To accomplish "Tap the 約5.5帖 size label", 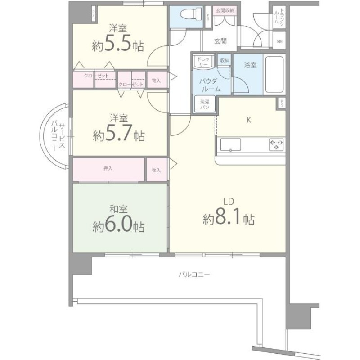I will pyautogui.click(x=118, y=45).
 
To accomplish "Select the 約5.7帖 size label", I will pyautogui.click(x=119, y=135).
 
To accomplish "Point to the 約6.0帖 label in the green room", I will pyautogui.click(x=119, y=225).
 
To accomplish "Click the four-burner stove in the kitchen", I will pyautogui.click(x=276, y=144).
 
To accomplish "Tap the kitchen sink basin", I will pyautogui.click(x=230, y=144).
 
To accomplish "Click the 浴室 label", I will pyautogui.click(x=250, y=65).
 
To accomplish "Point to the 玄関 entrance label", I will pyautogui.click(x=220, y=41).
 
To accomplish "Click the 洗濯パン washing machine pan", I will pyautogui.click(x=205, y=104).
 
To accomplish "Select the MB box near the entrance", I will pyautogui.click(x=279, y=42).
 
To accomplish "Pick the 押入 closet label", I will pyautogui.click(x=108, y=169).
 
